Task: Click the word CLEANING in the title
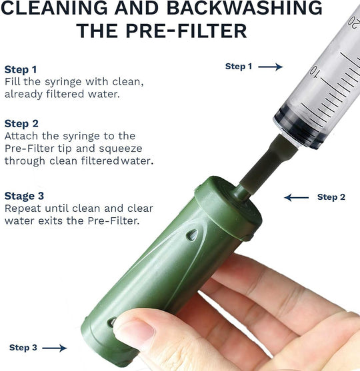tap(54, 7)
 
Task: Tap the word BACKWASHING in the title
tap(245, 7)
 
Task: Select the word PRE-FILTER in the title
tap(186, 31)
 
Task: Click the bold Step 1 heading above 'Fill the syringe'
tap(21, 69)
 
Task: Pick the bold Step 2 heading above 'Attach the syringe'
tap(21, 124)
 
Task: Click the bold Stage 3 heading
tap(24, 196)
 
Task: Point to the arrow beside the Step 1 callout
tap(270, 67)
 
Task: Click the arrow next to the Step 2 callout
tap(296, 197)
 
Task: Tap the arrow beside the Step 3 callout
tap(55, 348)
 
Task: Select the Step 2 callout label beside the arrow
tap(331, 197)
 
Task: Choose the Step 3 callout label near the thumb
tap(23, 348)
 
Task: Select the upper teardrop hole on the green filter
tap(192, 235)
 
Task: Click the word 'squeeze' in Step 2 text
tap(121, 149)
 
